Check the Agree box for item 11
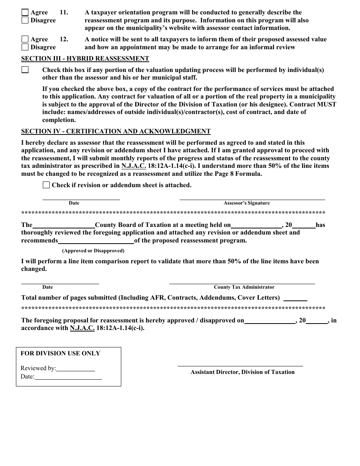(25, 13)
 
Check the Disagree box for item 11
(25, 20)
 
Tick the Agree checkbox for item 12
(25, 39)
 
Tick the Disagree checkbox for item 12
(25, 47)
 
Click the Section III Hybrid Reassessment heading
(85, 59)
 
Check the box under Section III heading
(25, 70)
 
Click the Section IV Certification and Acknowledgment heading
(116, 131)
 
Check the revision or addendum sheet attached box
(46, 185)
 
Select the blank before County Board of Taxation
(63, 225)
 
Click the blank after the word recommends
(96, 241)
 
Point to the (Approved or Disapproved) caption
(93, 251)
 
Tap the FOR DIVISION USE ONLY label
(60, 353)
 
